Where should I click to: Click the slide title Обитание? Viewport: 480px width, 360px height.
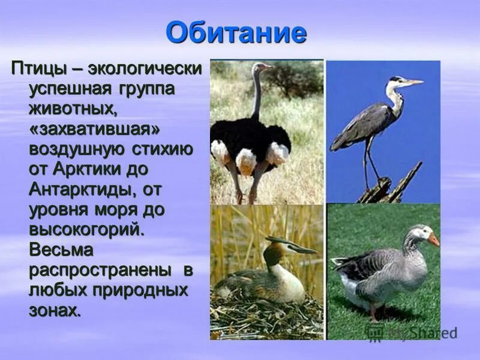[x=236, y=32]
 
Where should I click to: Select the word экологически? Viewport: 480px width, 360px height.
[x=144, y=68]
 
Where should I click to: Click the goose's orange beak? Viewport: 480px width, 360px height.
[x=433, y=239]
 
